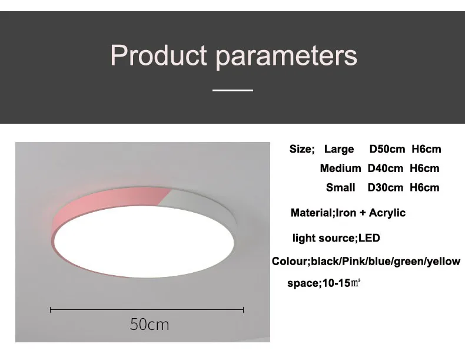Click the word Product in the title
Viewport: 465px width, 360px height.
(x=158, y=55)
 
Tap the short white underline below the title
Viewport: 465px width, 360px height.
(x=233, y=90)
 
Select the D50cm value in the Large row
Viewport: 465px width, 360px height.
(x=387, y=149)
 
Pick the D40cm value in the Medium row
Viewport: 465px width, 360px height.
(x=385, y=169)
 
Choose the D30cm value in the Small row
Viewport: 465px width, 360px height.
(x=385, y=187)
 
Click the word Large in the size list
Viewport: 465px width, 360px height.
(x=339, y=149)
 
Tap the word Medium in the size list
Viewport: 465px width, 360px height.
(x=340, y=169)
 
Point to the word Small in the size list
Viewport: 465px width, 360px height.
(x=340, y=187)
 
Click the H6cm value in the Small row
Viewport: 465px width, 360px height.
(x=424, y=187)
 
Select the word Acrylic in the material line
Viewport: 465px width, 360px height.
(x=387, y=213)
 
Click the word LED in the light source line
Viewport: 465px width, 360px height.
(x=369, y=238)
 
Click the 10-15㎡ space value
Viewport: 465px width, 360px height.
(x=341, y=283)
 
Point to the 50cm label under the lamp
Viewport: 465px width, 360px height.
(x=150, y=325)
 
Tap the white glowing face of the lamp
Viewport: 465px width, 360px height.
(x=144, y=242)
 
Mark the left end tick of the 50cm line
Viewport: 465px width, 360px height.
(x=51, y=310)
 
